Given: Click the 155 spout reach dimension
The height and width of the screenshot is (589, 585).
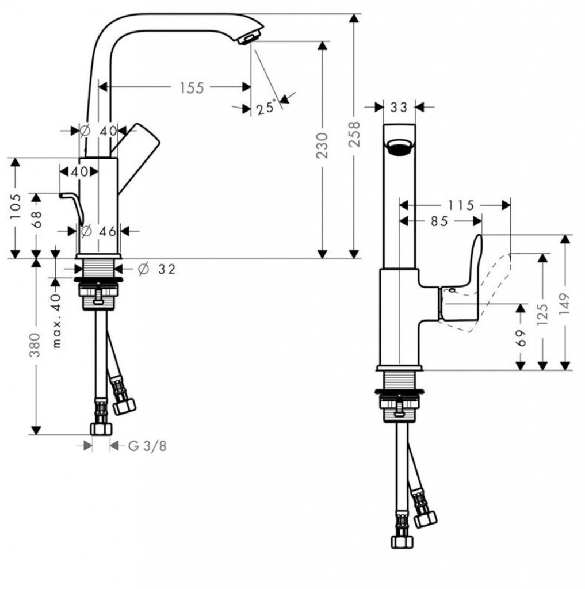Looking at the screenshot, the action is pos(192,87).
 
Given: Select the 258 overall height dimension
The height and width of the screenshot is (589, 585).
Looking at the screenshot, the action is pos(354,133).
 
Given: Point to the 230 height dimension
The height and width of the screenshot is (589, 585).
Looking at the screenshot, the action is pos(322,145).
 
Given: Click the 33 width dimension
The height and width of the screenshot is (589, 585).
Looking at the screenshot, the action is pos(399,108).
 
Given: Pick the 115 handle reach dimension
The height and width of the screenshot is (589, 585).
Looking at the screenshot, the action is pos(461,205).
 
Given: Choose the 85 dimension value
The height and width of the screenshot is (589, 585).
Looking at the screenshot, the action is pos(439,221).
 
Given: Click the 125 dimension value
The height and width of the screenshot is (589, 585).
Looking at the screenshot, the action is pos(542,313).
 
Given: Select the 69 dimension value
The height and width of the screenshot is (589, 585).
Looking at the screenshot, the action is pos(521,338).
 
